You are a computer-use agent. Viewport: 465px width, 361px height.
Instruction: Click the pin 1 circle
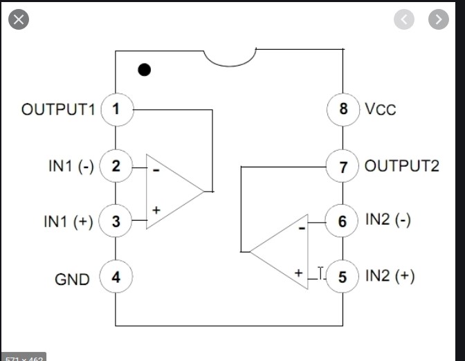116,109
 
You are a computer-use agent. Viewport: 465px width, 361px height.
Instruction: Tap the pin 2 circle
116,166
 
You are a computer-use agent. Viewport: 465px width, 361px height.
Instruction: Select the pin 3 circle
116,221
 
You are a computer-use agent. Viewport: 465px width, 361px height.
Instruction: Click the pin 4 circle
116,278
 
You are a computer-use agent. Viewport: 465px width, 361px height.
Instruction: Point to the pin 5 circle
343,277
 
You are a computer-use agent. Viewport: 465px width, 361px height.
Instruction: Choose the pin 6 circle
343,221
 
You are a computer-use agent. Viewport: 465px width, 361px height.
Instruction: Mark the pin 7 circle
343,166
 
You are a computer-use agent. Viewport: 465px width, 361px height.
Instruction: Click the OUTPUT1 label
58,109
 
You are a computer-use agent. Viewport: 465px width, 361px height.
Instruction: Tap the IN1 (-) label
69,166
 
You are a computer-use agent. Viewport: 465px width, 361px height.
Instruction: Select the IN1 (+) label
69,222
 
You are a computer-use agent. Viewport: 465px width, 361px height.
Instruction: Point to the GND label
73,279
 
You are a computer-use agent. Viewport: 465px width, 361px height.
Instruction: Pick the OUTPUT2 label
401,166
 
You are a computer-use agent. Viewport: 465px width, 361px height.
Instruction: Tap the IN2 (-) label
388,221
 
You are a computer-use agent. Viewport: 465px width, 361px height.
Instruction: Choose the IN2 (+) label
390,276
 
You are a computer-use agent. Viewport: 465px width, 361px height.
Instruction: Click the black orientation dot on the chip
144,69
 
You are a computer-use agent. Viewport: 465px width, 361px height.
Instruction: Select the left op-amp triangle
170,190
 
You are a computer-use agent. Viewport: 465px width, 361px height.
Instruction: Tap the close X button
18,19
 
